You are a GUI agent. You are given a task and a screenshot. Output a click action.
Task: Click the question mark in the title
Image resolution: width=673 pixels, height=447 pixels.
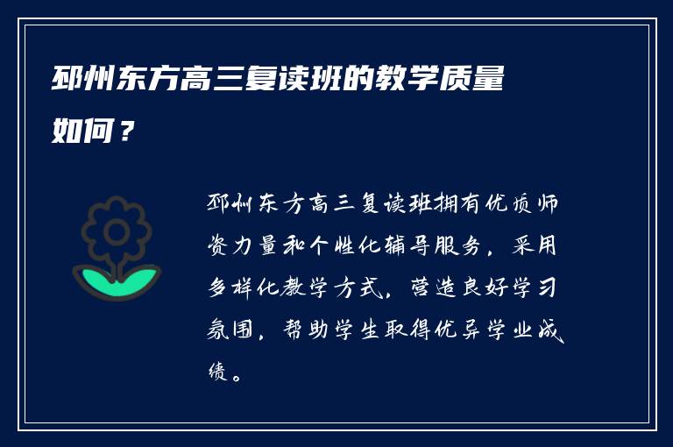(126, 131)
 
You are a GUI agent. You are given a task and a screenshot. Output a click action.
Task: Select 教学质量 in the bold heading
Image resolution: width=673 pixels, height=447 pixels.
(440, 79)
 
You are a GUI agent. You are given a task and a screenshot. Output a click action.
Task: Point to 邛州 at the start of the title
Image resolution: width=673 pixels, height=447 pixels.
(83, 79)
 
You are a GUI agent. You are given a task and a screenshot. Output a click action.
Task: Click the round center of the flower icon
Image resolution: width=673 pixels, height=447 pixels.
(117, 232)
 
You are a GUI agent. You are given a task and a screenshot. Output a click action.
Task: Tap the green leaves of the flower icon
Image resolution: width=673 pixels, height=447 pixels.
(117, 281)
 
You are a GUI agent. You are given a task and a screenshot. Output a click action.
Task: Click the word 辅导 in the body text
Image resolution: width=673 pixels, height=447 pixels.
(407, 246)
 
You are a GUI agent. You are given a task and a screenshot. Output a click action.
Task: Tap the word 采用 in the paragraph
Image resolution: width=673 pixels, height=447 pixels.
(535, 245)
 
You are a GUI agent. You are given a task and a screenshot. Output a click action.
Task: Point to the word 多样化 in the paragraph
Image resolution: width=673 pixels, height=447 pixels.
(244, 287)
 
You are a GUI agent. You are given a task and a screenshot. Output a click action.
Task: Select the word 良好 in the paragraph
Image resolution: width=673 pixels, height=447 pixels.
(485, 287)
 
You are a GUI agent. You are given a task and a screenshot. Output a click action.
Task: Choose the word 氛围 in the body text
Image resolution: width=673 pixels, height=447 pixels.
(230, 330)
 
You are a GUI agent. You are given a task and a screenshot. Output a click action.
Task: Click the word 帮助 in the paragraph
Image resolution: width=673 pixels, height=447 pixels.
(306, 330)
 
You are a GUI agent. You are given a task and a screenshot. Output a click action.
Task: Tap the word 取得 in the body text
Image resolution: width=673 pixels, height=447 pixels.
(407, 330)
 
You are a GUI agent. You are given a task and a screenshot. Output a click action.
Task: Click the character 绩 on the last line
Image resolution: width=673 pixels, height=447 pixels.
(218, 371)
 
